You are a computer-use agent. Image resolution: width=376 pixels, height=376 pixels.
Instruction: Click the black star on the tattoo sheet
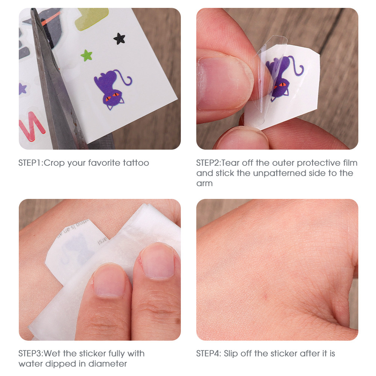[x=120, y=39]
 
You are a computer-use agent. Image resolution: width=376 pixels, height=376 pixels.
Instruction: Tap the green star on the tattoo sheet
[x=86, y=55]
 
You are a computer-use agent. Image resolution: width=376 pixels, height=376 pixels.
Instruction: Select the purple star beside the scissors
[x=22, y=89]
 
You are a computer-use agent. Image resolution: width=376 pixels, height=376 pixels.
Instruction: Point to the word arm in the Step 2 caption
[x=204, y=184]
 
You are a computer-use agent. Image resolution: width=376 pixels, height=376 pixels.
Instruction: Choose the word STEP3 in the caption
[x=30, y=353]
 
